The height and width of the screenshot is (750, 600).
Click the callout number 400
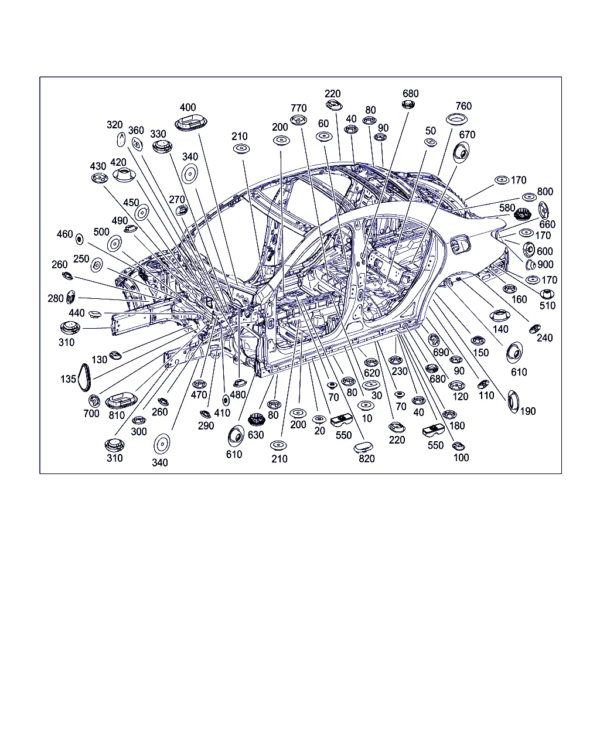187,107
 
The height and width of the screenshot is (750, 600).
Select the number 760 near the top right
463,106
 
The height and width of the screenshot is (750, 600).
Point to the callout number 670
467,135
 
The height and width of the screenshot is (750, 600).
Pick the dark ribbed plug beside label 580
522,214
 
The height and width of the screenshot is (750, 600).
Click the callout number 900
546,264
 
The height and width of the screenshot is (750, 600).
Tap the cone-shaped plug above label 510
547,294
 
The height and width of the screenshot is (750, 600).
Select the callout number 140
500,329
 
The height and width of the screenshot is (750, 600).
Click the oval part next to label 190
513,402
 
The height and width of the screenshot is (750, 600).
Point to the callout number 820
366,459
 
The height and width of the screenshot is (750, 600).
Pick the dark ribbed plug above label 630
256,420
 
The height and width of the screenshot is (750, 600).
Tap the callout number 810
117,415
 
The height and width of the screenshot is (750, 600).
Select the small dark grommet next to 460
79,240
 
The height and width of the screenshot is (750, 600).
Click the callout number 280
56,299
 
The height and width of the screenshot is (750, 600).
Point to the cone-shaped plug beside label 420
124,175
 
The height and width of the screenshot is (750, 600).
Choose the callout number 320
114,125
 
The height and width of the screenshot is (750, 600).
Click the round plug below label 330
162,146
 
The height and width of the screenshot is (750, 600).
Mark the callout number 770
298,108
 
